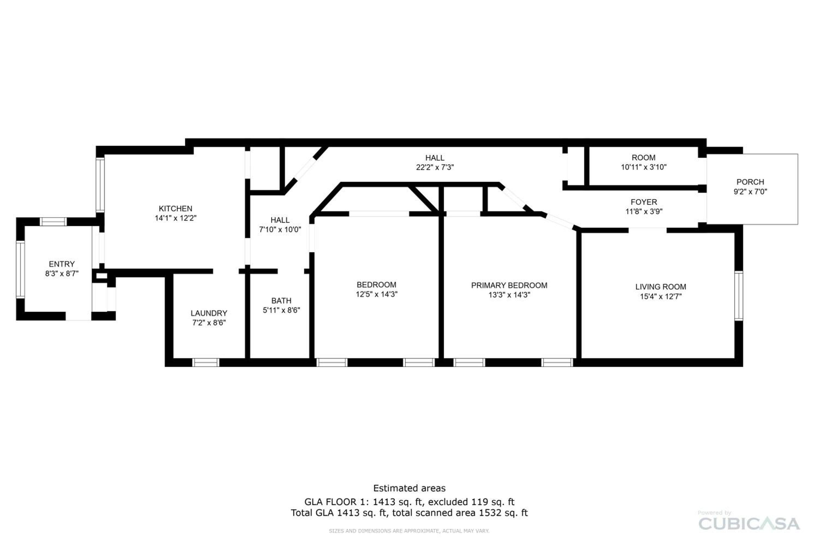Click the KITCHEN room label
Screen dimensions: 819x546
coord(176,209)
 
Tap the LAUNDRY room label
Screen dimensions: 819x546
coord(209,313)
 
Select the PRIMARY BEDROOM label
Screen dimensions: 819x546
coord(509,285)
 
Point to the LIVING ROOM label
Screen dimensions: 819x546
coord(661,287)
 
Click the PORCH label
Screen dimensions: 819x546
coord(750,182)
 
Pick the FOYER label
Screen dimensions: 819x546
coord(644,202)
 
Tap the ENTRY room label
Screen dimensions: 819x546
coord(62,264)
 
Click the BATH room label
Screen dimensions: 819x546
coord(281,301)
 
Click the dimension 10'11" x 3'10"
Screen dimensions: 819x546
coord(644,167)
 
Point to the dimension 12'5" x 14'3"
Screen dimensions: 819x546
coord(376,294)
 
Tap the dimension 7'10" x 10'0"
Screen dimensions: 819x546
coord(280,230)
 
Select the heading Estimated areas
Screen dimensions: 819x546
coord(410,488)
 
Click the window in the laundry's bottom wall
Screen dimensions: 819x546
coord(206,363)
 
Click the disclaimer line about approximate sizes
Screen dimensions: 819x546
coord(409,531)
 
